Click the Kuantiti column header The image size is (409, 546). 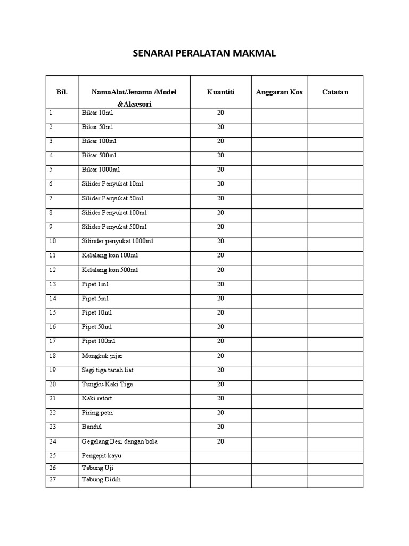[x=220, y=92]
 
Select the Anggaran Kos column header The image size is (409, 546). [x=279, y=92]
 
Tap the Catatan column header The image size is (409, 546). [x=335, y=92]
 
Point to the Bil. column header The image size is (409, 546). [x=62, y=92]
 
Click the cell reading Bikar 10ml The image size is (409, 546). [x=97, y=113]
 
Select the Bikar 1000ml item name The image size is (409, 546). [x=101, y=170]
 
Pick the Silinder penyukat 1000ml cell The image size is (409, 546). [x=117, y=241]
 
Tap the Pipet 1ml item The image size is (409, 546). [x=95, y=284]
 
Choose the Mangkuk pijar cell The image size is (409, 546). [x=101, y=355]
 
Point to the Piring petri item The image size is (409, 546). [x=97, y=413]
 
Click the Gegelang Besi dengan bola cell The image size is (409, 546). [x=119, y=441]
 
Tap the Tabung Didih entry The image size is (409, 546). [x=101, y=479]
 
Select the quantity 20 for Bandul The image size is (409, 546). [x=220, y=427]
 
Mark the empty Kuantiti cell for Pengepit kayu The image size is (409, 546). [x=220, y=456]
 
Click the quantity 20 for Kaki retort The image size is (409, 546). [x=220, y=398]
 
